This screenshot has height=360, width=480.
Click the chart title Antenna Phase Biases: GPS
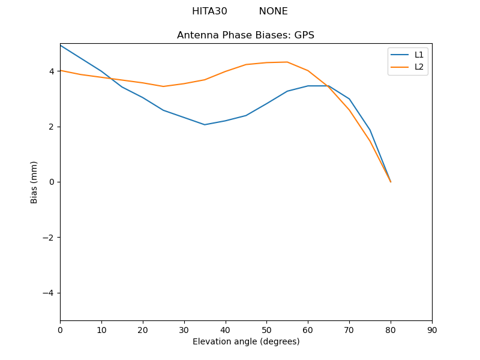click(245, 35)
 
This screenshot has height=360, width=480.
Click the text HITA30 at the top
click(209, 11)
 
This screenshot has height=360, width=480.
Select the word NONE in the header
click(273, 11)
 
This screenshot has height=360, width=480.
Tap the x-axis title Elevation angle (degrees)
click(246, 341)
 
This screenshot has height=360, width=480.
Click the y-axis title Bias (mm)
click(34, 182)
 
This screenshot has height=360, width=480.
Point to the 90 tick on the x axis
click(432, 329)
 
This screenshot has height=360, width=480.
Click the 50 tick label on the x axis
click(266, 329)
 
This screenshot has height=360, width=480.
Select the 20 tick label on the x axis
click(143, 329)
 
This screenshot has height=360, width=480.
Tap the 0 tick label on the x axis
click(60, 329)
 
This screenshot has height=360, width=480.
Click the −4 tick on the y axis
click(49, 293)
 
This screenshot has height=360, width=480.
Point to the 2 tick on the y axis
click(51, 127)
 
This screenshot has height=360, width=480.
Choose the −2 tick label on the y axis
click(49, 238)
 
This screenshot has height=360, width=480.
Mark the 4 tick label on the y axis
click(51, 71)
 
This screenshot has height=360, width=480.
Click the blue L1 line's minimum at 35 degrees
click(205, 125)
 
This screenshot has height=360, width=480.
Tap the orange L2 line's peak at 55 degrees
click(287, 62)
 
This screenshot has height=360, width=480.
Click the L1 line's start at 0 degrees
click(61, 46)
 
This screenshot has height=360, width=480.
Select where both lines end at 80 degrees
click(391, 181)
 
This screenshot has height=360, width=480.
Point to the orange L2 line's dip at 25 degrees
click(163, 86)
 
